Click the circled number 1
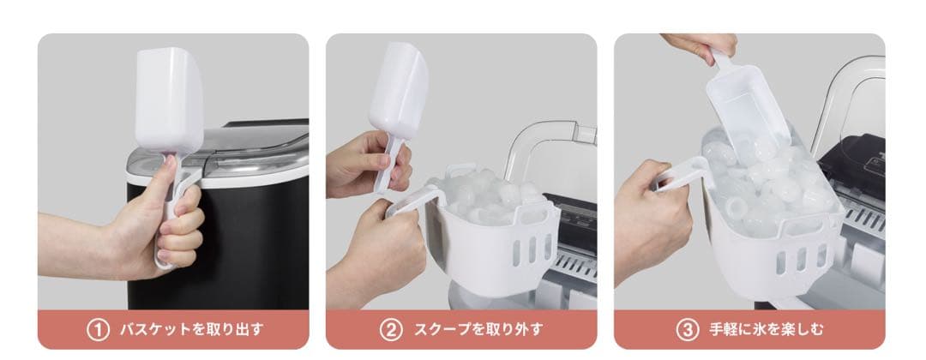tap(98, 330)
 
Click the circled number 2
tap(390, 330)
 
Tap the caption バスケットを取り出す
tap(190, 330)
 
